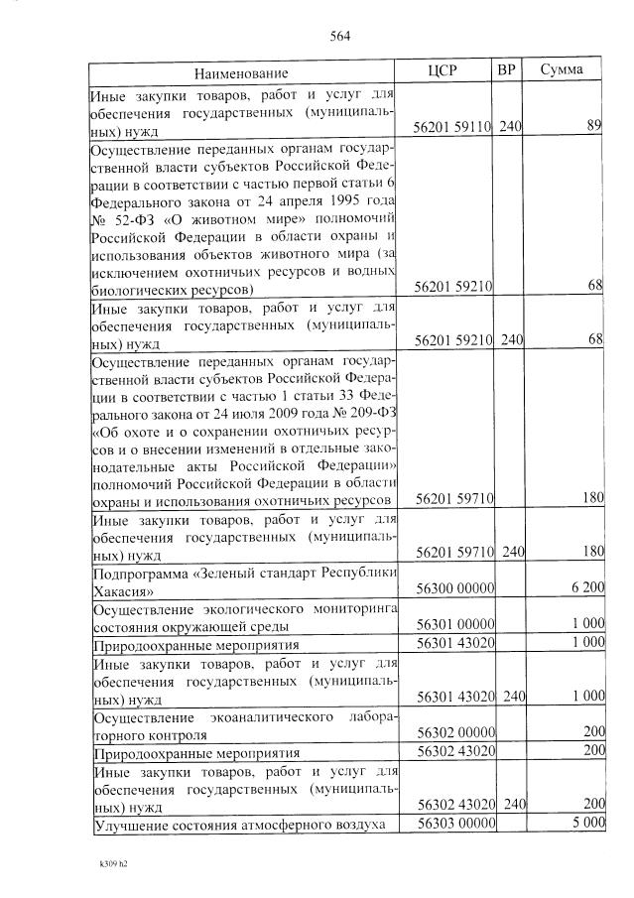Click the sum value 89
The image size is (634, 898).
(594, 127)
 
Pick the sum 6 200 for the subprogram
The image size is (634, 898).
(587, 587)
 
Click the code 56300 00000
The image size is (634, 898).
(455, 587)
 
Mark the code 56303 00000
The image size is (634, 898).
(455, 824)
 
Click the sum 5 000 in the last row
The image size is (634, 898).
(587, 824)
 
